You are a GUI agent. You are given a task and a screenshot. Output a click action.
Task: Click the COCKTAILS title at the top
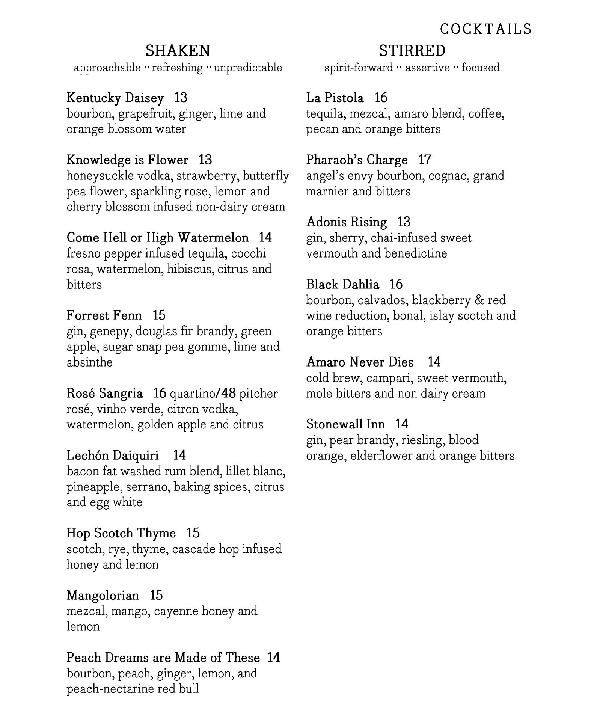[x=485, y=29]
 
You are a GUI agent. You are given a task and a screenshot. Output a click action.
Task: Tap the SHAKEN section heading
[x=178, y=50]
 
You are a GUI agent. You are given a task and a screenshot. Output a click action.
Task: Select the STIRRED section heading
[x=412, y=50]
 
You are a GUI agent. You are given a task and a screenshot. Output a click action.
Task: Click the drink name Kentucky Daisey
[x=115, y=98]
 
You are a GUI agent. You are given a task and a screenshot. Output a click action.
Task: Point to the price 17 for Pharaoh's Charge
[x=425, y=160]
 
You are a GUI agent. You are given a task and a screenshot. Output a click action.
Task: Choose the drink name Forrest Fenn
[x=104, y=315]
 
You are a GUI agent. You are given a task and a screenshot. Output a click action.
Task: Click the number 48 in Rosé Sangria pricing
[x=228, y=393]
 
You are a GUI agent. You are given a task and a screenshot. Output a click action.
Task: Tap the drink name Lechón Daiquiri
[x=113, y=455]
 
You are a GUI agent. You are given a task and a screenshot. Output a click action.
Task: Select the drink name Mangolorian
[x=103, y=595]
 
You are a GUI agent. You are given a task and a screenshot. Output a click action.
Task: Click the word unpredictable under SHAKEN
[x=248, y=68]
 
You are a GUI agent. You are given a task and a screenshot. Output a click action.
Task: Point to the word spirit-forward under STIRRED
[x=359, y=68]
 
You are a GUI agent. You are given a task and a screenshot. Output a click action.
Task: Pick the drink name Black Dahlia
[x=342, y=284]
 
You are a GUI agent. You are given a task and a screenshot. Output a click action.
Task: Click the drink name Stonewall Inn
[x=345, y=424]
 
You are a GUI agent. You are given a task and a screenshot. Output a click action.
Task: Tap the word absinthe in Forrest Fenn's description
[x=89, y=362]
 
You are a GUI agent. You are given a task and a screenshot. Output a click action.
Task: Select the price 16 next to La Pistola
[x=381, y=98]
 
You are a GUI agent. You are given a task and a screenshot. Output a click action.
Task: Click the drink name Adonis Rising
[x=346, y=222]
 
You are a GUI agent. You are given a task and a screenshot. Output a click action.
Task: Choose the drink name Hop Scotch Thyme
[x=121, y=533]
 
